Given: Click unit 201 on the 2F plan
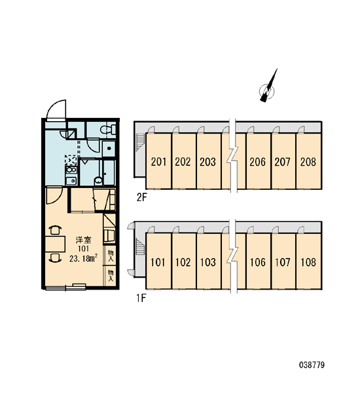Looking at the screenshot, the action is pos(158,161).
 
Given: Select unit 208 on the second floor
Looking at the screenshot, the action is pos(308,161).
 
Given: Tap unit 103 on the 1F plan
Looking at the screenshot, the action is pos(208,261).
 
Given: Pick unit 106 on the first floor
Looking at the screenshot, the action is pos(259,261).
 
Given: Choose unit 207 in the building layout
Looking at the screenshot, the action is pos(283,161).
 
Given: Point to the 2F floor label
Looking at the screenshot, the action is pos(141,198).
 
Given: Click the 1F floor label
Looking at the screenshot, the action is pos(141,298).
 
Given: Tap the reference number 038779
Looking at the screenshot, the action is pos(312,365).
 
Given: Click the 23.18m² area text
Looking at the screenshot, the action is pos(83,259).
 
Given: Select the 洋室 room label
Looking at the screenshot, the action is pos(83,240).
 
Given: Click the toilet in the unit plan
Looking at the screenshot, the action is pos(108,130).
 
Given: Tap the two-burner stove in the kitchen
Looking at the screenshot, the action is pos(71,170).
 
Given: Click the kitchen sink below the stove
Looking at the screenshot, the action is pos(71,181).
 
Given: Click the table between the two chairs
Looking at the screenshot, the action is pos(55,244).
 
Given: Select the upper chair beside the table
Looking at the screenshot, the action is pos(55,230).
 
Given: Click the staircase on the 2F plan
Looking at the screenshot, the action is pos(141,142).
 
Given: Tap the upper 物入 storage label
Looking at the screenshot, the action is pos(111,255).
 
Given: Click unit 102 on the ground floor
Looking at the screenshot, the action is pos(183,261).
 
